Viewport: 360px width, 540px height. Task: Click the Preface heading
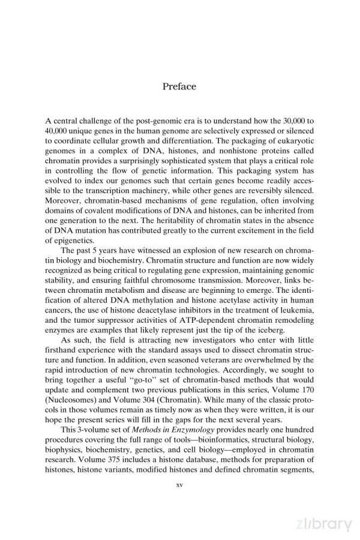tap(179, 86)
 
